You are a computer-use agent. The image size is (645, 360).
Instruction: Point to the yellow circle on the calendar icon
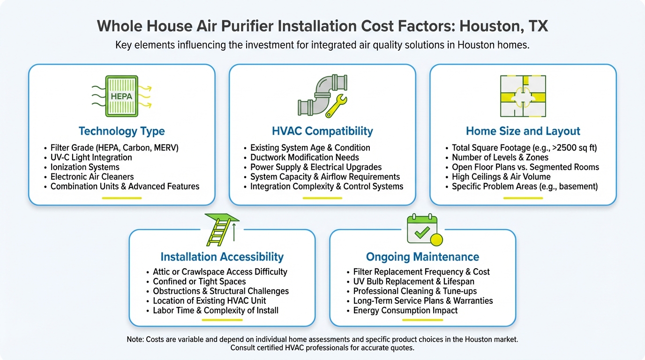coord(436,240)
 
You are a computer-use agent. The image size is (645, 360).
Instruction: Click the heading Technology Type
coord(121,131)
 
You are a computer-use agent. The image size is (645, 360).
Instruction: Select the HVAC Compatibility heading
coord(322,131)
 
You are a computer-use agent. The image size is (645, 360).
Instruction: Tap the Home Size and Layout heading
coord(523,131)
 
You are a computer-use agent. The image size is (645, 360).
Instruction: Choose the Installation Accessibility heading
coord(222,257)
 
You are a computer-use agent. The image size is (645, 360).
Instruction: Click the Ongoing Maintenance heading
coord(422,257)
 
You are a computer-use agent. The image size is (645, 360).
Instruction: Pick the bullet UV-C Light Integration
coord(91,157)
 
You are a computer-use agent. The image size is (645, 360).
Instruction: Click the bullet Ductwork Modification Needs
coord(304,157)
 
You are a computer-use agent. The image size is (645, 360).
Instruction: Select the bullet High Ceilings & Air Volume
coord(501,177)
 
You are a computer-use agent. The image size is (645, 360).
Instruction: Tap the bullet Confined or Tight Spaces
coord(199,281)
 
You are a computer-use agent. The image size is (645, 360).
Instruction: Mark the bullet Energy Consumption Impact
coord(405,310)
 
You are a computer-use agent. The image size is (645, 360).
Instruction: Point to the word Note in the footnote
coord(135,339)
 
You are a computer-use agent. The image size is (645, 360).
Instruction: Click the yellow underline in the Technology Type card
coord(121,198)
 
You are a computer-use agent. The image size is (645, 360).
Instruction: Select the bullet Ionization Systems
coord(85,167)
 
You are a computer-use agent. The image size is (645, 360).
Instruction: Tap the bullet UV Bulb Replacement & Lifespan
coord(413,281)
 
